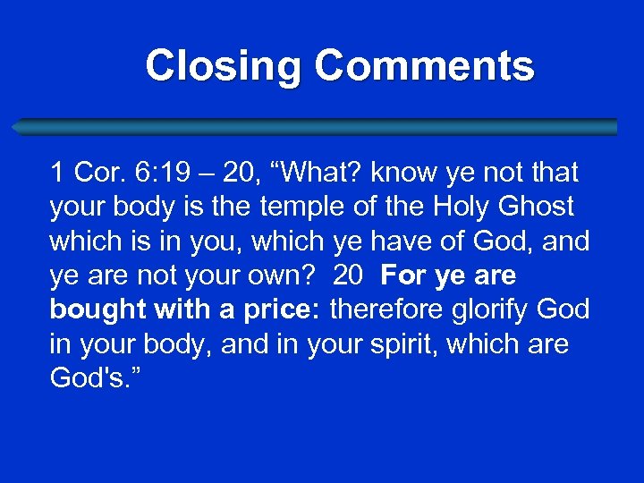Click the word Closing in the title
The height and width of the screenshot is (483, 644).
click(x=225, y=66)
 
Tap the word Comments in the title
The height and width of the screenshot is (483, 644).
click(x=425, y=66)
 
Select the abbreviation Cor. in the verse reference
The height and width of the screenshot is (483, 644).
click(x=94, y=172)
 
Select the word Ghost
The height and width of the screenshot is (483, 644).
click(x=535, y=207)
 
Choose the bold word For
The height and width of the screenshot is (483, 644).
click(x=401, y=275)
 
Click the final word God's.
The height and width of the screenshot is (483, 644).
click(x=89, y=378)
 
